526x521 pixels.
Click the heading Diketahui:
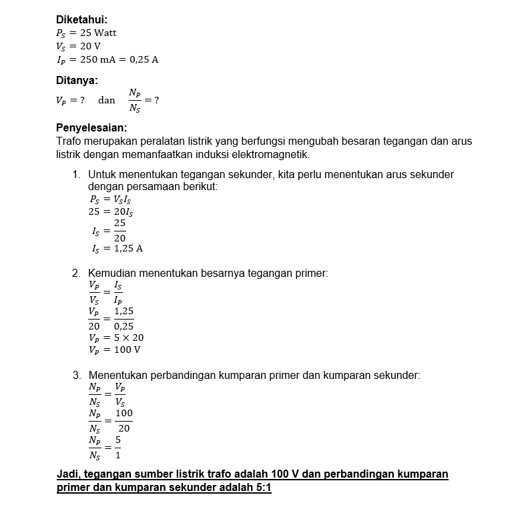[x=81, y=20]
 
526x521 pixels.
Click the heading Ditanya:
[x=77, y=80]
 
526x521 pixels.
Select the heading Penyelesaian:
[x=91, y=127]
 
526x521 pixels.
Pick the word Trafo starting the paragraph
[x=69, y=141]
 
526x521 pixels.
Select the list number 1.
[x=77, y=175]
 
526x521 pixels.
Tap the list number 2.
[x=77, y=274]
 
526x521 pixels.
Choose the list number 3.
[x=77, y=376]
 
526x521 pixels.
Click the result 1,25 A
[x=128, y=249]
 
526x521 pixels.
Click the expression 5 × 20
[x=129, y=338]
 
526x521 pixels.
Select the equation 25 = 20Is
[x=111, y=211]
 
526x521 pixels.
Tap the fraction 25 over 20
[x=119, y=230]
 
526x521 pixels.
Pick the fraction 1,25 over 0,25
[x=123, y=318]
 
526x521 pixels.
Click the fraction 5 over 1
[x=118, y=448]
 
